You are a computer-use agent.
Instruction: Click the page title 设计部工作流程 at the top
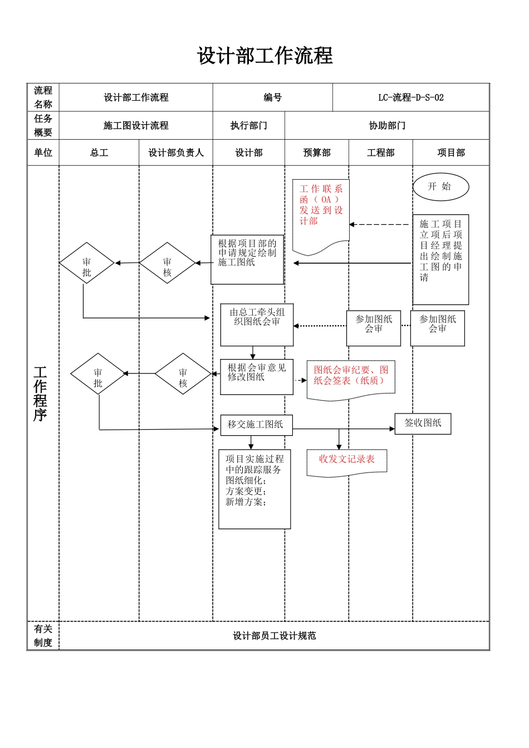264,56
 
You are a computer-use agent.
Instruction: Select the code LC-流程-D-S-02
411,97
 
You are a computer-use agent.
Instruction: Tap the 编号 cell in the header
272,97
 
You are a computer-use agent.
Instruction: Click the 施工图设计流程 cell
136,125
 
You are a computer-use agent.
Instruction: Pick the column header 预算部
316,152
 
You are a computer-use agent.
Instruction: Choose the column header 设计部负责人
176,152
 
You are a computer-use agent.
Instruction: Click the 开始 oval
440,187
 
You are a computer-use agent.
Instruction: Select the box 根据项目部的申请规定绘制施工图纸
247,259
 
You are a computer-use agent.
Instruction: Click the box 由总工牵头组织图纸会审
257,324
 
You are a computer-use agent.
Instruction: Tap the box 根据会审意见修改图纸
256,377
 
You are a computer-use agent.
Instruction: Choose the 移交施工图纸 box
256,425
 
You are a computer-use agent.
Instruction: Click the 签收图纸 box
423,424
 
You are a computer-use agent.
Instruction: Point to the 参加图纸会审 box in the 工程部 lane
374,328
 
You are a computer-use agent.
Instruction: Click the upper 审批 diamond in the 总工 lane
87,263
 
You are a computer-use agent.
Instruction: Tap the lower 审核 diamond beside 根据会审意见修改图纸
183,374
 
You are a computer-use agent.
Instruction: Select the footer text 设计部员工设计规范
274,636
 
